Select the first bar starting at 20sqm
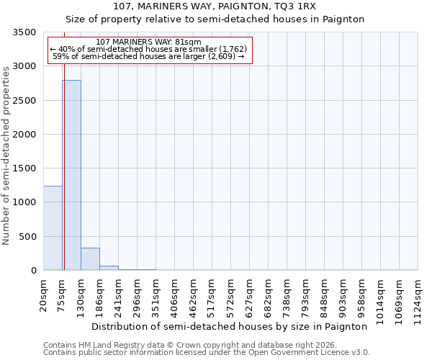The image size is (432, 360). pyautogui.click(x=53, y=228)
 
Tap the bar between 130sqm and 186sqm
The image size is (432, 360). pyautogui.click(x=90, y=258)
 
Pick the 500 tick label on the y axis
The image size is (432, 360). pyautogui.click(x=30, y=237)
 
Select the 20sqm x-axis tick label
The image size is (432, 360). pyautogui.click(x=44, y=294)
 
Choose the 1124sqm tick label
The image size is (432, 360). pyautogui.click(x=418, y=299)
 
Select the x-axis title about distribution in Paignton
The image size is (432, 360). pyautogui.click(x=230, y=326)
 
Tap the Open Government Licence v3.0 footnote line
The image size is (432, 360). pyautogui.click(x=207, y=352)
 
